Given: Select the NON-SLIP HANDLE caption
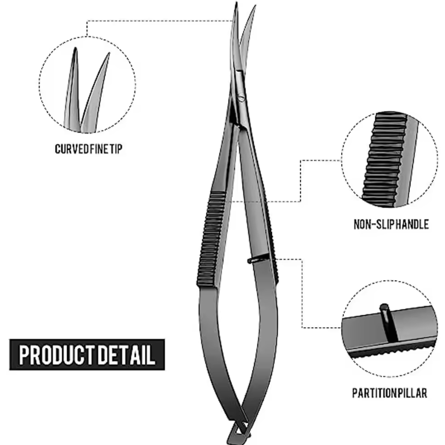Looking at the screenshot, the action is [391, 224].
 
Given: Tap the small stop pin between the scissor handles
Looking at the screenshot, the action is [254, 260].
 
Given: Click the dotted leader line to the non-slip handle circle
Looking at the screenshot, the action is [300, 178].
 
